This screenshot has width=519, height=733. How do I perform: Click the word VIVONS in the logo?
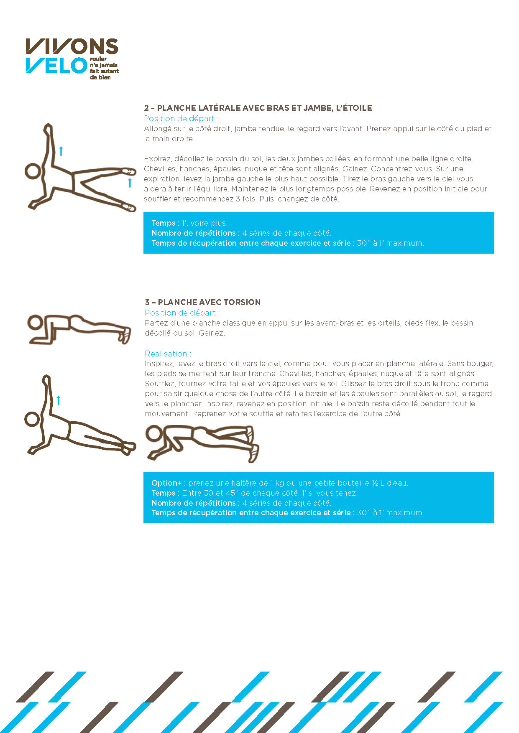[x=72, y=46]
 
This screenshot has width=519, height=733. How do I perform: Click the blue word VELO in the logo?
[x=56, y=66]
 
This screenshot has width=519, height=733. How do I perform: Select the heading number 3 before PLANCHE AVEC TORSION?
[x=147, y=302]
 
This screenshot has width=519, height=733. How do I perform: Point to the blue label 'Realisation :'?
[x=168, y=354]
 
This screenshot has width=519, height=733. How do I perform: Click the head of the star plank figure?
[x=33, y=171]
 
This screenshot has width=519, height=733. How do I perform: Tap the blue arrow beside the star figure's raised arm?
[x=61, y=151]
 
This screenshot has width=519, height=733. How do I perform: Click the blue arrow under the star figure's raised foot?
[x=130, y=183]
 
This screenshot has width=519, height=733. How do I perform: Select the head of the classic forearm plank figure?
[x=35, y=323]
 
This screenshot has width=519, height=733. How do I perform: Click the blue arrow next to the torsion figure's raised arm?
[x=58, y=400]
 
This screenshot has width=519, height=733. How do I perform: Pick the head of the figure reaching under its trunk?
[x=154, y=433]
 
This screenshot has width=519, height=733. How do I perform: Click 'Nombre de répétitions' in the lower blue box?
[x=195, y=503]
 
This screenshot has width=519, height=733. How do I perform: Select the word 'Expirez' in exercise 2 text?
[x=157, y=159]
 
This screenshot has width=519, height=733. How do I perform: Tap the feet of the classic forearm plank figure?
[x=125, y=335]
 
